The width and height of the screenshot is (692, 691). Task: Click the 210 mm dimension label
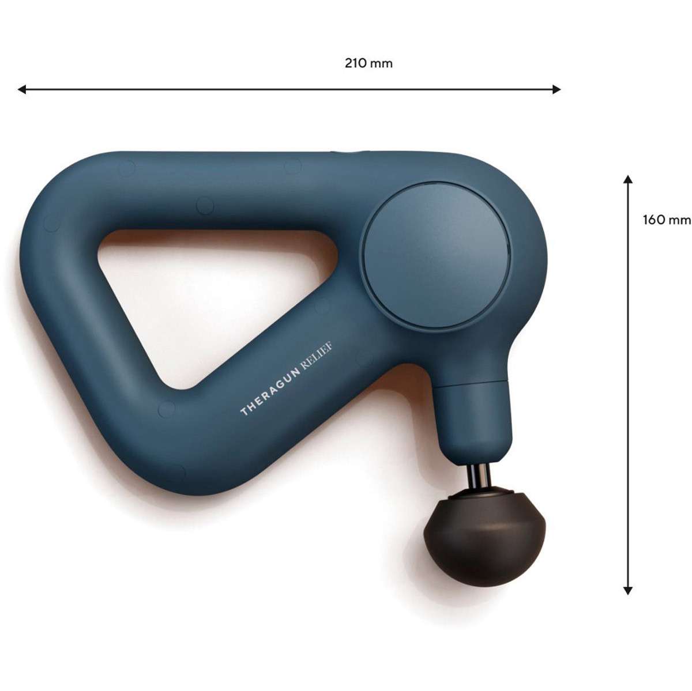click(x=368, y=63)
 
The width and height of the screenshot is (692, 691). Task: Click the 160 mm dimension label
click(x=667, y=220)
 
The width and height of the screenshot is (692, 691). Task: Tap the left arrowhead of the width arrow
click(x=21, y=89)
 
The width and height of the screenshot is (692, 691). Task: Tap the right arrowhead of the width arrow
click(x=556, y=89)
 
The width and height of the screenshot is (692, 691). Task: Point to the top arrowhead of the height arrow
click(x=627, y=179)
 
